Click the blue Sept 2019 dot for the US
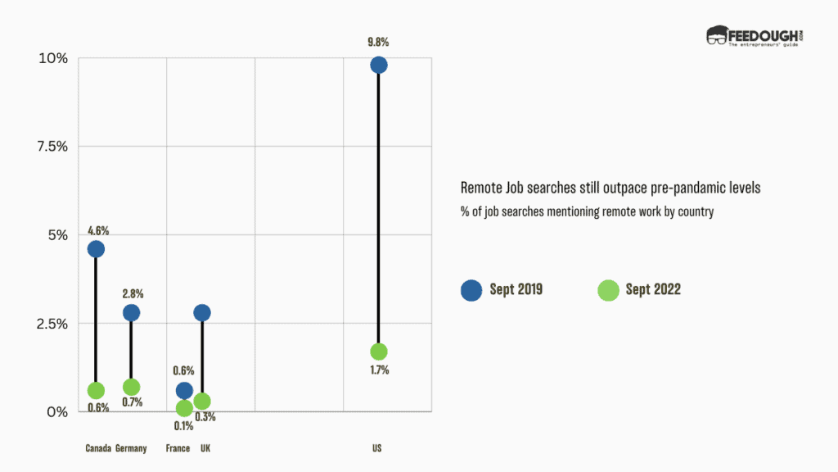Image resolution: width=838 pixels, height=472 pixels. (378, 65)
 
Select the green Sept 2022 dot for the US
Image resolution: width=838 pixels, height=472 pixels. (378, 352)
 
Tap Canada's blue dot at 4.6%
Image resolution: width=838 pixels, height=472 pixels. (96, 249)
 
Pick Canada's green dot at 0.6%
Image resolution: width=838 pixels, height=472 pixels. (96, 391)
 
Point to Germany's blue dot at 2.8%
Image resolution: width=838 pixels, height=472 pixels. (131, 313)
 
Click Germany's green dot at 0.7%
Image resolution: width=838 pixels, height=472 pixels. (131, 387)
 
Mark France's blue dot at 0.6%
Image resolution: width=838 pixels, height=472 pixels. (184, 390)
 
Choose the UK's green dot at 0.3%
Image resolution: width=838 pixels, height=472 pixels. (202, 402)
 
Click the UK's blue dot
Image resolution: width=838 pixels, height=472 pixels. (202, 313)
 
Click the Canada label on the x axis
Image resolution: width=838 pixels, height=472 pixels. (98, 448)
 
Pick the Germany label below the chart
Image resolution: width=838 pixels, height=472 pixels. (131, 448)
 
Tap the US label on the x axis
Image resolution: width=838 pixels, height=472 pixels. (376, 448)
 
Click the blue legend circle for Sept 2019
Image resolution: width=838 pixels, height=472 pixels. (471, 289)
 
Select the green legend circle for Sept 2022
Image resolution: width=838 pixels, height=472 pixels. (608, 289)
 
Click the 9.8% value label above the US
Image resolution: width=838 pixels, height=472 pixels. (378, 40)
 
